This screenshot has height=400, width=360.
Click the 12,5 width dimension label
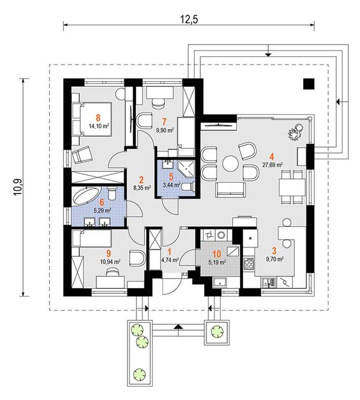pos(190,20)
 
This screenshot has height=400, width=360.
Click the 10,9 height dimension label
pos(19,187)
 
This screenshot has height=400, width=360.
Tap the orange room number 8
pos(98,118)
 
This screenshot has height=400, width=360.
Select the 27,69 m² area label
pos(273,165)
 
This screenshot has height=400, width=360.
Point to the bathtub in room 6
pos(86,195)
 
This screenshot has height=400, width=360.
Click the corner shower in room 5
pos(187,169)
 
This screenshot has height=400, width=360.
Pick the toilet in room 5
pos(188,186)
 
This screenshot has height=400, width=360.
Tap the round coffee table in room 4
pos(230,164)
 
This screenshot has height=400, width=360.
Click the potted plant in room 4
pos(296,132)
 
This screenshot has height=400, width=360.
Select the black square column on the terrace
pos(308,84)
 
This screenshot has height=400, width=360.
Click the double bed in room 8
pos(92,119)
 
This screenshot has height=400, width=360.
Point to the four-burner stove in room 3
pos(249,264)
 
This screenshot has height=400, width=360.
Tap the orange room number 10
pos(216,254)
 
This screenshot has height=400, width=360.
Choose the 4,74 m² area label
pos(170,260)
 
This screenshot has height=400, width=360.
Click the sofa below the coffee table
pos(231,190)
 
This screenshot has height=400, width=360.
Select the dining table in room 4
pos(292,187)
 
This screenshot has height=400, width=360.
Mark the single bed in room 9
pos(92,238)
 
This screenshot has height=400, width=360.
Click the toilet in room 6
pos(112,193)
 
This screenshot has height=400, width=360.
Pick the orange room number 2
pos(141,180)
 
